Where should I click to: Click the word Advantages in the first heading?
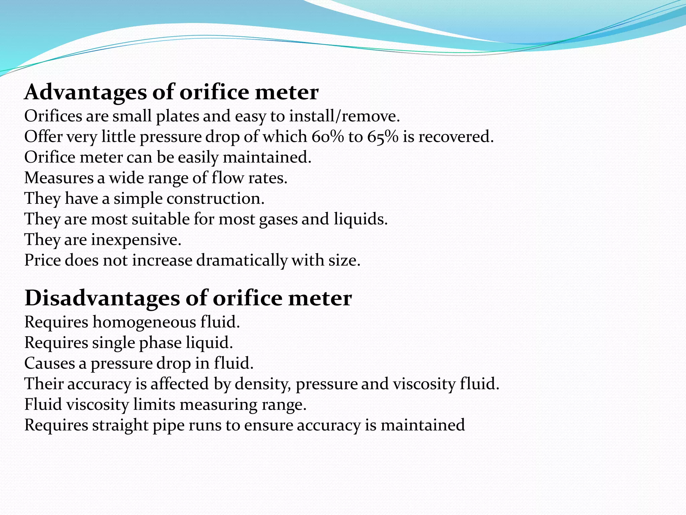85,92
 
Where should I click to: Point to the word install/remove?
345,116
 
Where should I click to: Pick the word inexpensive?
136,240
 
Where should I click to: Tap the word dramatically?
242,261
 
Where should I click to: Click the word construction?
215,198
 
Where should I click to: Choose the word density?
262,384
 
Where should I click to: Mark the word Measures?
59,178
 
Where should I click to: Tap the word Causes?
49,363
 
